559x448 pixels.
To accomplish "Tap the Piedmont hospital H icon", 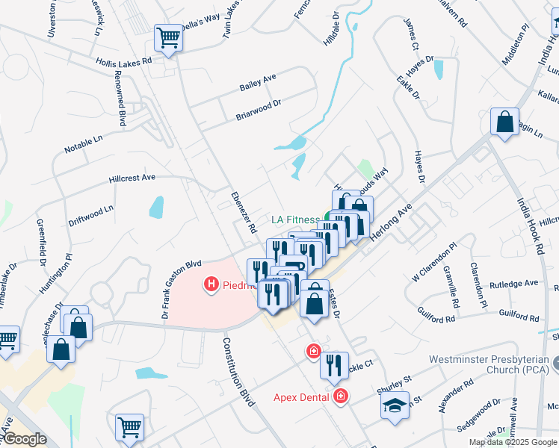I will pos(211,284).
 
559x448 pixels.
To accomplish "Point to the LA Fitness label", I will pos(295,220).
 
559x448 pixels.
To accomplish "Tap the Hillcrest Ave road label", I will pos(132,178).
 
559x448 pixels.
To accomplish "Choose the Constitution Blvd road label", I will pos(238,373).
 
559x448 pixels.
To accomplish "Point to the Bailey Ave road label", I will pos(258,82).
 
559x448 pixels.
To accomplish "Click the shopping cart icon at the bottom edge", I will pos(129,427).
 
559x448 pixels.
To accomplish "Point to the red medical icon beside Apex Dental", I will pos(341,396).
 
